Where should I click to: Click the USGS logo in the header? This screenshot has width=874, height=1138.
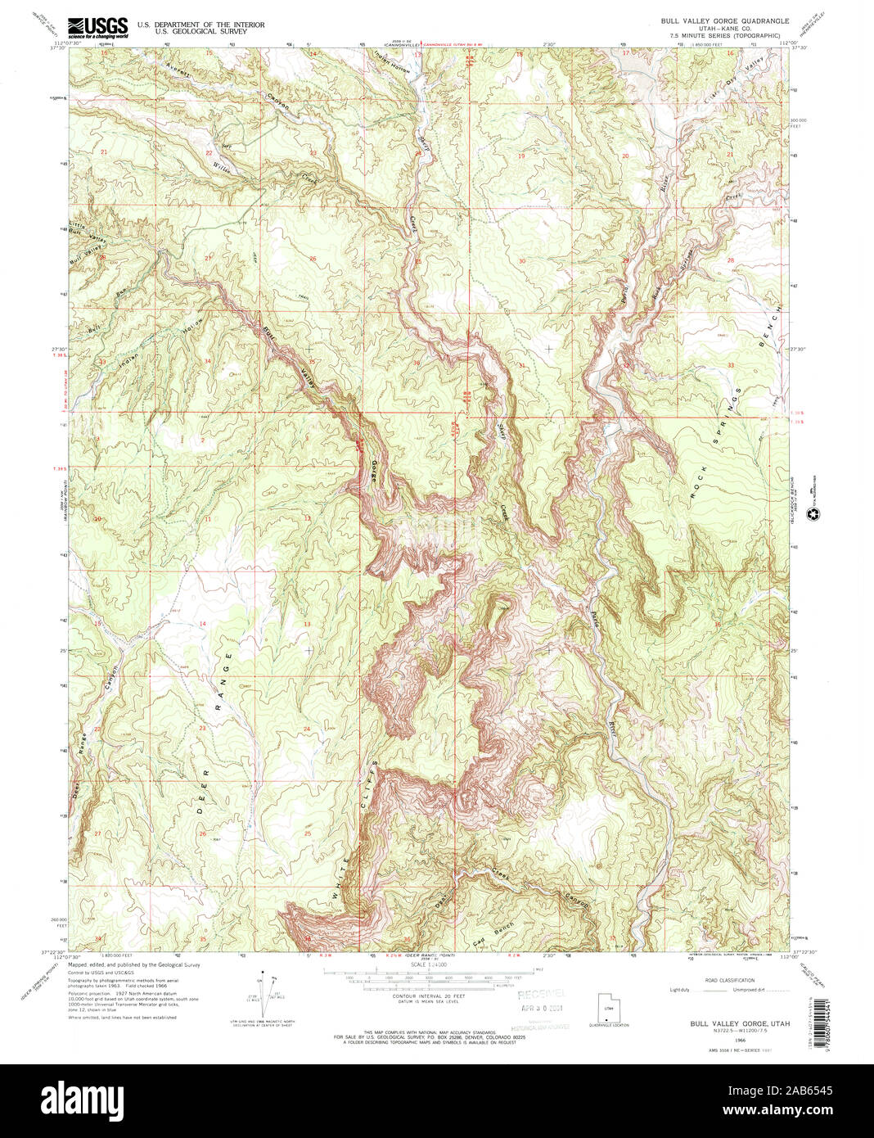pos(98,29)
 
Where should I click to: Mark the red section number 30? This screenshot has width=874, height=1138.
pos(522,261)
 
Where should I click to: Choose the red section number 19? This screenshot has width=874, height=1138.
pos(520,156)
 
